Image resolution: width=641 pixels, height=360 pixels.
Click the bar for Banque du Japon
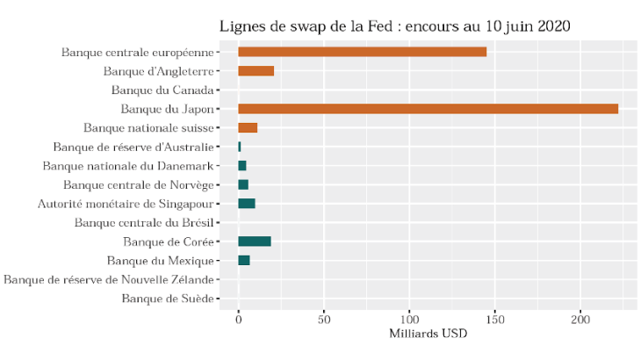tap(428, 109)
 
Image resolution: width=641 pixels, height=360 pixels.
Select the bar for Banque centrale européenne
tap(362, 52)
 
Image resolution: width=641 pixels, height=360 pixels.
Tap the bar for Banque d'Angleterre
tap(256, 71)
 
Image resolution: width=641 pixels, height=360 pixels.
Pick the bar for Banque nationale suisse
tap(248, 128)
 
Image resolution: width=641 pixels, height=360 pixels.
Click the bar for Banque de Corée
tap(255, 241)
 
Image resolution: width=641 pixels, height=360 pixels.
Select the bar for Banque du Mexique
tap(244, 261)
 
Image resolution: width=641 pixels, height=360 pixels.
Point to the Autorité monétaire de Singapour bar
tap(247, 204)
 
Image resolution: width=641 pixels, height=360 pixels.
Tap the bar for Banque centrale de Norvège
tap(243, 184)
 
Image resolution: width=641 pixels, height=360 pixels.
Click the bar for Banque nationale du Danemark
tap(242, 166)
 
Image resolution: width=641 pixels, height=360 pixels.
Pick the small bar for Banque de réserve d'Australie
tap(240, 147)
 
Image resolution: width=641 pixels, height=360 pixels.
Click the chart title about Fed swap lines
tap(394, 26)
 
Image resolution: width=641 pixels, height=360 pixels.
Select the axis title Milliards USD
tap(428, 335)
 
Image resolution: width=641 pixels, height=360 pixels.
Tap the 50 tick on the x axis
tap(324, 319)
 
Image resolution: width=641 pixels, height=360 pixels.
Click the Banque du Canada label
tap(162, 90)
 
